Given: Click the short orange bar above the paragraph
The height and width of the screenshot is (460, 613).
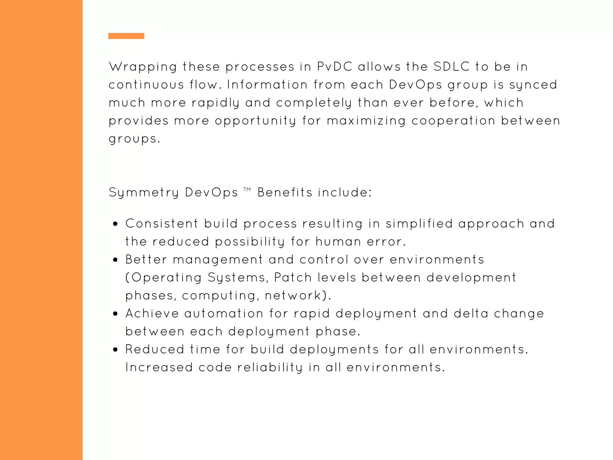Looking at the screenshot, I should (x=126, y=36).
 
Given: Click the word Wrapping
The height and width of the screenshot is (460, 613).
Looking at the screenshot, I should (x=143, y=67).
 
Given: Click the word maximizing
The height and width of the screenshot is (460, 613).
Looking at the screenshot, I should (x=366, y=121).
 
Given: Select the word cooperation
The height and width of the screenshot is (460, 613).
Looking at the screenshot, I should (x=453, y=121).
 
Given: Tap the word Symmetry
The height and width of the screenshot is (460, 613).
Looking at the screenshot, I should (x=144, y=193).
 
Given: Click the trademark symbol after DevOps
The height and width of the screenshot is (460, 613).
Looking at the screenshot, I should (x=247, y=189).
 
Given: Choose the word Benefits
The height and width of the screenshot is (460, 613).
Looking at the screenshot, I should (x=285, y=192).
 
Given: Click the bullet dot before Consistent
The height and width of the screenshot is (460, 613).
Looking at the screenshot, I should (x=116, y=224).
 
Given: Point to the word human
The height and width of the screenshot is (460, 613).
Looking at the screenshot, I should (x=338, y=242).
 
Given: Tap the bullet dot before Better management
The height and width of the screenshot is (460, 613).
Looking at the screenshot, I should (x=116, y=260).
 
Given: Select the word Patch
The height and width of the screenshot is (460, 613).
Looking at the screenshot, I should (x=293, y=278).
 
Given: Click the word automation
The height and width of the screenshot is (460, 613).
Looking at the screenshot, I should (x=224, y=314).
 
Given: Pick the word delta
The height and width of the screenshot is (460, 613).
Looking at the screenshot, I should (x=471, y=314).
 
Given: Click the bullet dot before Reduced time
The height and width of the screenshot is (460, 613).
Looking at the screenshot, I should (x=116, y=350).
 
